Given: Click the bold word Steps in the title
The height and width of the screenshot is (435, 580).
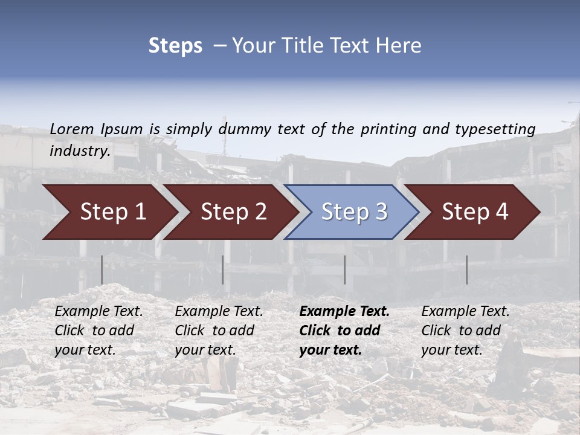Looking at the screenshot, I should click(x=175, y=46).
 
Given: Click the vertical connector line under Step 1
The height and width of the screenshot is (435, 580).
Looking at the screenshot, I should click(x=102, y=269).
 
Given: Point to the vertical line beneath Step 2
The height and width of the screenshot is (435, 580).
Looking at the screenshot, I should click(x=223, y=269).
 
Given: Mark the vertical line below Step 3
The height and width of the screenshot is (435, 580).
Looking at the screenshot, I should click(x=345, y=269).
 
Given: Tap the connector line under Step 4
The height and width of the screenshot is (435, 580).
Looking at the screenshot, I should click(x=466, y=269).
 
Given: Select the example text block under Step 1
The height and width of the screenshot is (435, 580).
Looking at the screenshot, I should click(x=98, y=330).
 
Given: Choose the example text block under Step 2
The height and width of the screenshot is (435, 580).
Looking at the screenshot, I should click(x=219, y=330).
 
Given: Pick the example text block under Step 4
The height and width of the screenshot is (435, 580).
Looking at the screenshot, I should click(x=465, y=330).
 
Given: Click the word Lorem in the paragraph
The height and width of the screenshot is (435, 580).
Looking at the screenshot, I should click(x=72, y=129).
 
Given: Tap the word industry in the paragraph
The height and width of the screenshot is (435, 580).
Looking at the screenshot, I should click(x=79, y=150).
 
